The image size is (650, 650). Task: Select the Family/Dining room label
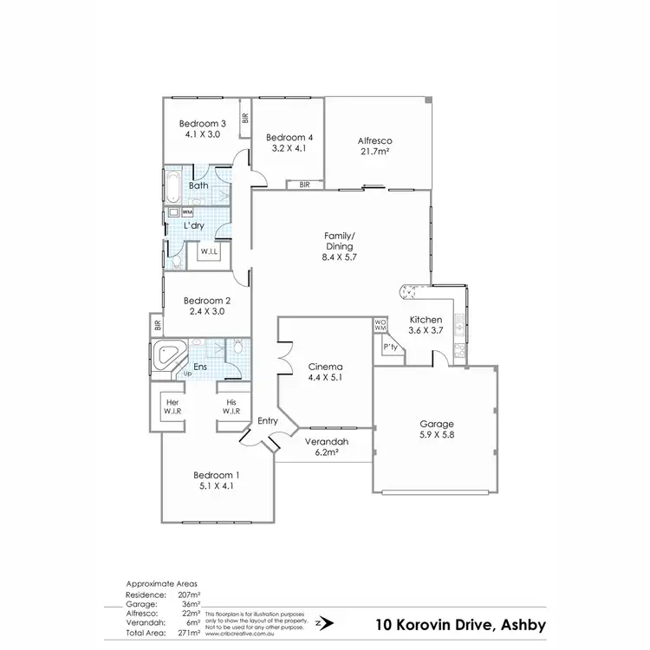click(340, 246)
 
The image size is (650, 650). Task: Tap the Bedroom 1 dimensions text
click(216, 486)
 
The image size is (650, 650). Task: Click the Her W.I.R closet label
click(172, 406)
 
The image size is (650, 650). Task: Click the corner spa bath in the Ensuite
click(168, 357)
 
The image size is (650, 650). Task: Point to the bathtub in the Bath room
click(171, 185)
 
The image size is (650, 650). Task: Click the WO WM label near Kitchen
click(379, 326)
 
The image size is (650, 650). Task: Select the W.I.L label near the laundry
click(210, 252)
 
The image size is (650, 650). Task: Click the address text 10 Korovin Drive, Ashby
click(458, 623)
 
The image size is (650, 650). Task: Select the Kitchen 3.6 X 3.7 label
click(426, 325)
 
